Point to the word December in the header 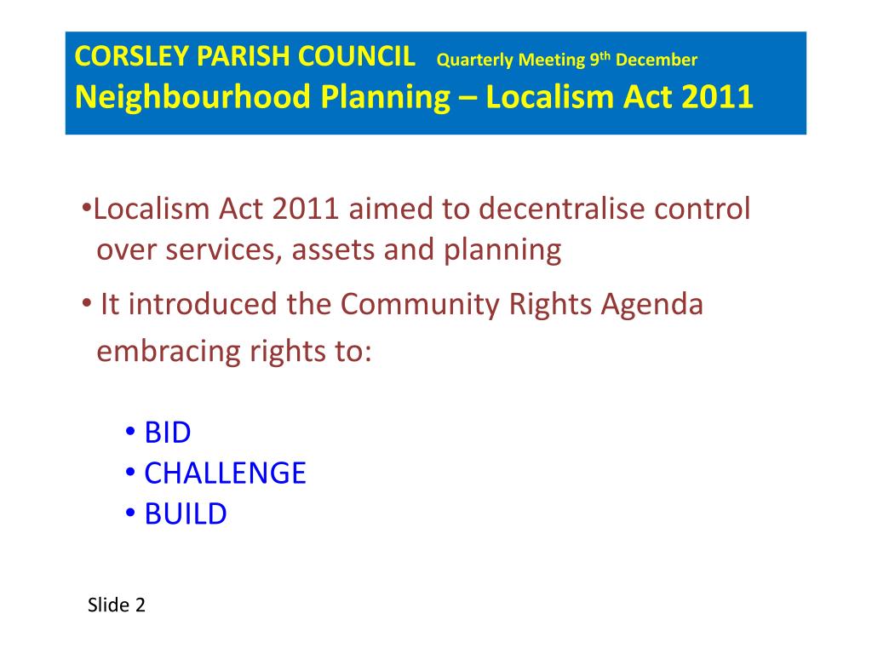click(657, 60)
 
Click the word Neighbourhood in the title click(193, 98)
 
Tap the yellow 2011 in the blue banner click(717, 98)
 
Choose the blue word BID click(168, 433)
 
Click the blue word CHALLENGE click(225, 473)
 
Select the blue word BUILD click(186, 513)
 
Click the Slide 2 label click(117, 605)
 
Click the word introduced click(202, 305)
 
